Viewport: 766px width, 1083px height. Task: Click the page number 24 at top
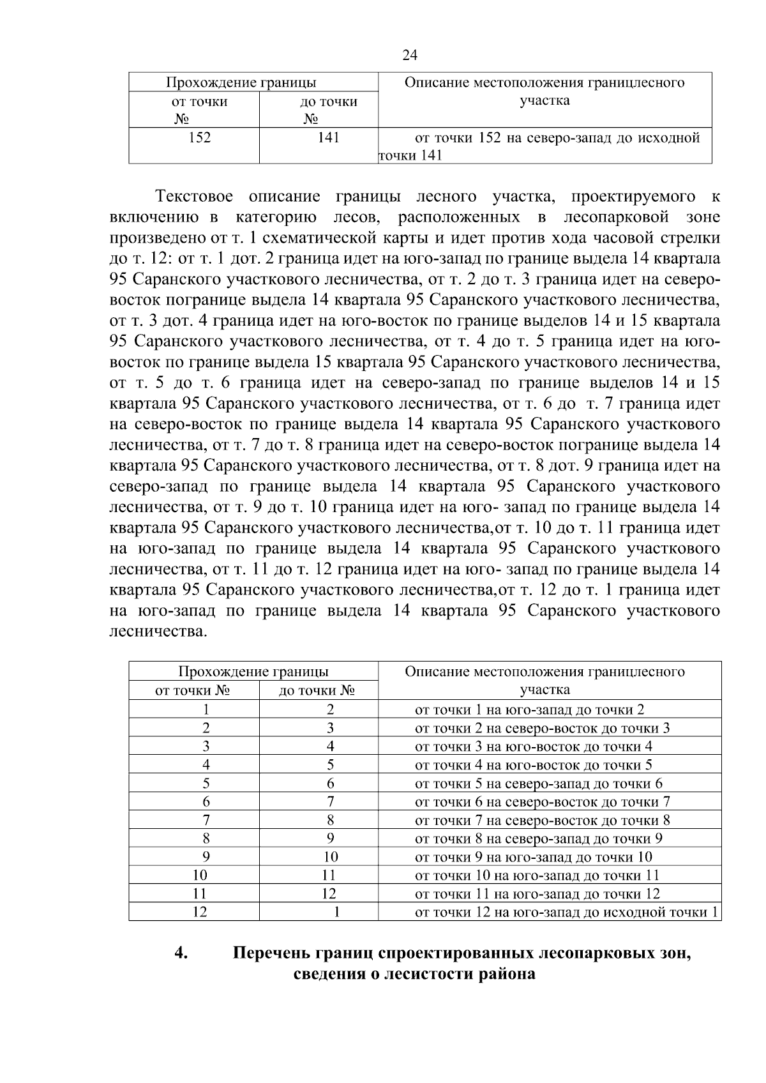[410, 56]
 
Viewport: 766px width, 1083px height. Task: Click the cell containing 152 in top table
[200, 137]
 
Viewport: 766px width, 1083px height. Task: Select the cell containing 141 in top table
[328, 137]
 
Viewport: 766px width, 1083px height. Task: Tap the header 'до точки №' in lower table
[317, 690]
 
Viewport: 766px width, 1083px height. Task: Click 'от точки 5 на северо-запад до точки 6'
[539, 784]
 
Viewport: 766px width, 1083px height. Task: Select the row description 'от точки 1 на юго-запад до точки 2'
[529, 709]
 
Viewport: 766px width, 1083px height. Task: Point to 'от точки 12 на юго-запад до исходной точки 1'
[566, 912]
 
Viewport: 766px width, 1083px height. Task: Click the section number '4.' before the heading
[181, 954]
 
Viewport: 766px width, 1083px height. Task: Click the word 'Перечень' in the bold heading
[272, 954]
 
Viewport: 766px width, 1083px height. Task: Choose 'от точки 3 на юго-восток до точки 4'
[534, 746]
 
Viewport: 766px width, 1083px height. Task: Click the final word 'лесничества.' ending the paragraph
[159, 632]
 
